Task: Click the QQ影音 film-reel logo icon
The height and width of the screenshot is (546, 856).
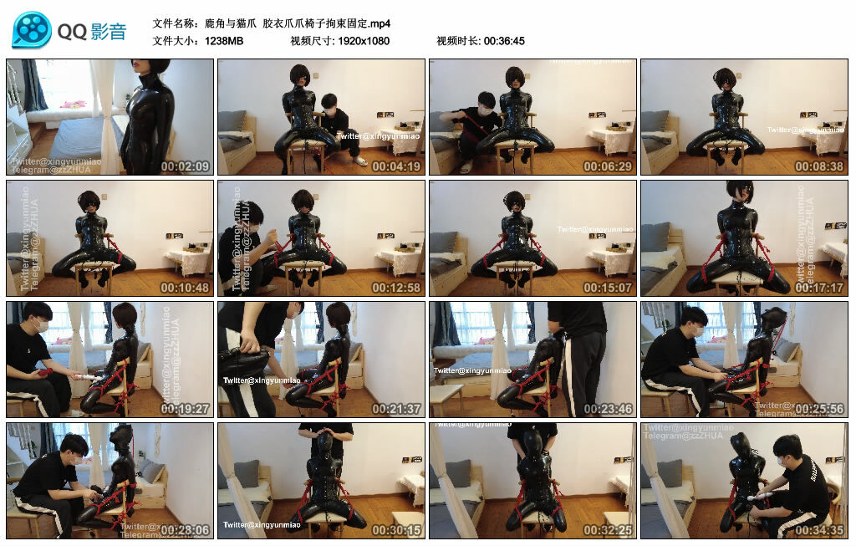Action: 32,31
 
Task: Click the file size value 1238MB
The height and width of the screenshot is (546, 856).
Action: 223,41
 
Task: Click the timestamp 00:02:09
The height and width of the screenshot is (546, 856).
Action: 184,166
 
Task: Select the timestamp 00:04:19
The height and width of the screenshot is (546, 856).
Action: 396,166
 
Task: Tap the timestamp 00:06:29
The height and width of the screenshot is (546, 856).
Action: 608,166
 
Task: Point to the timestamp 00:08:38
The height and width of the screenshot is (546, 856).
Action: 818,166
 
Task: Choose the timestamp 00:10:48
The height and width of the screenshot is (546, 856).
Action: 184,288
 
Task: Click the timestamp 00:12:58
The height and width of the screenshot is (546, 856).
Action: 396,288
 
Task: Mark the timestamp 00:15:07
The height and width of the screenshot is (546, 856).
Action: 608,288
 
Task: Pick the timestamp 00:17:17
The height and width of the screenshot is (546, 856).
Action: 818,288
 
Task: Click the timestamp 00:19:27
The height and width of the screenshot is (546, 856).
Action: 184,409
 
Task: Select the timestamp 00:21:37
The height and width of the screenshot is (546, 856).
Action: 396,409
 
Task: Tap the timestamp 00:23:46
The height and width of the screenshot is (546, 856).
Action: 608,409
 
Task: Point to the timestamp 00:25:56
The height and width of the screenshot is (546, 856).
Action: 818,409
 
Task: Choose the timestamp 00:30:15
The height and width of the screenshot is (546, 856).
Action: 396,530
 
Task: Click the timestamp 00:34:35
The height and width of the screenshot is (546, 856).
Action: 818,530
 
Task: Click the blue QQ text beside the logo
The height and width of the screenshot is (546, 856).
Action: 72,32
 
